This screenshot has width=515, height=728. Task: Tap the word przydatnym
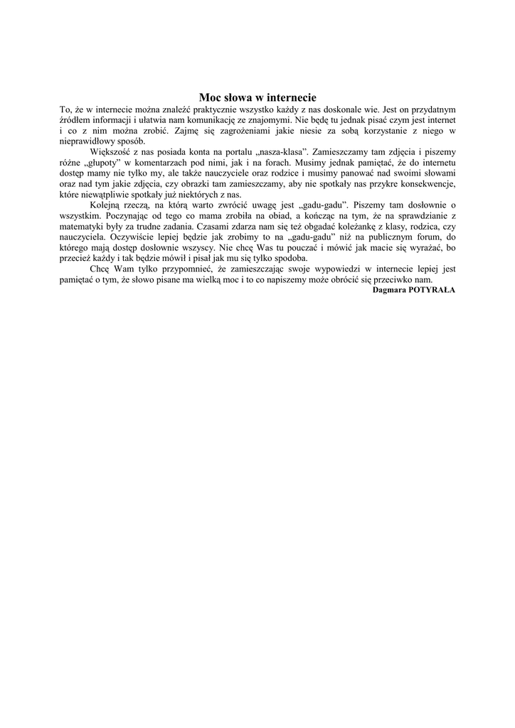click(429, 109)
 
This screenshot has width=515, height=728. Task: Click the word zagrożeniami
click(228, 131)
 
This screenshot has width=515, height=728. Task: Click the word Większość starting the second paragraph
click(110, 152)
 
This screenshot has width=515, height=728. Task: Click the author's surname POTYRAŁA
click(432, 290)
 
